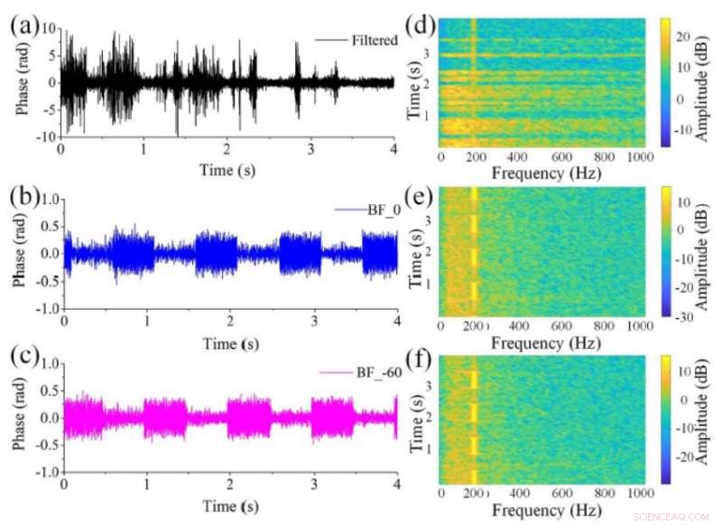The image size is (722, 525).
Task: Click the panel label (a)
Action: coord(24,26)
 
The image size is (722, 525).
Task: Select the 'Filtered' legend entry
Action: coord(372,40)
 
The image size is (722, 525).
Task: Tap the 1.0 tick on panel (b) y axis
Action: coord(49,197)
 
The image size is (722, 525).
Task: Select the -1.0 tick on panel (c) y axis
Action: coord(47,473)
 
